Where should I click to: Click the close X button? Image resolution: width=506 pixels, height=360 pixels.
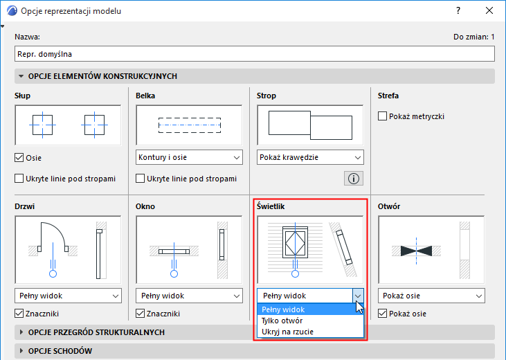(489, 10)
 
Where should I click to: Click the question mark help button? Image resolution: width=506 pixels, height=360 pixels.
(458, 10)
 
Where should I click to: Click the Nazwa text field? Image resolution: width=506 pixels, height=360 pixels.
(254, 54)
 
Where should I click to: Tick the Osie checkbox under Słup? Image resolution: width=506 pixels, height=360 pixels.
(19, 158)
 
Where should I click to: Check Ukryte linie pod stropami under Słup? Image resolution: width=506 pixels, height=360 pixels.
(19, 179)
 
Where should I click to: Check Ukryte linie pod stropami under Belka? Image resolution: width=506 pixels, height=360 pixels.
(140, 179)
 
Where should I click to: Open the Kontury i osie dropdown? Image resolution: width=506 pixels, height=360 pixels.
(189, 158)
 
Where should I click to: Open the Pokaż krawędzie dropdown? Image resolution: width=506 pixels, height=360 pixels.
(310, 158)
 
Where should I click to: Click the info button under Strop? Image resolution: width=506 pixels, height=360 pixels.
(354, 179)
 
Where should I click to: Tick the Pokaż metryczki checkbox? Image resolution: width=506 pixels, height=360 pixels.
(382, 116)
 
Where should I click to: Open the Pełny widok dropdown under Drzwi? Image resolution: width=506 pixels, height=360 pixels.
(68, 296)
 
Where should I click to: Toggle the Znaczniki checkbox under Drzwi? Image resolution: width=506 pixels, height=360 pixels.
(19, 314)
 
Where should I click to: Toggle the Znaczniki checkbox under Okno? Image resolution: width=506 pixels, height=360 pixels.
(140, 314)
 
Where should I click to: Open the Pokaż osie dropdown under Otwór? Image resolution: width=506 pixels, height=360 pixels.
(431, 296)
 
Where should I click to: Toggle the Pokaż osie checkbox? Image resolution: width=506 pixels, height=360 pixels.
(382, 314)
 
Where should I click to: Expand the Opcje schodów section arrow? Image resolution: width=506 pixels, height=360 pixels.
(21, 351)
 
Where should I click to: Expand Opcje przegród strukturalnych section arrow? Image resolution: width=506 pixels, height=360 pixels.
(21, 332)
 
